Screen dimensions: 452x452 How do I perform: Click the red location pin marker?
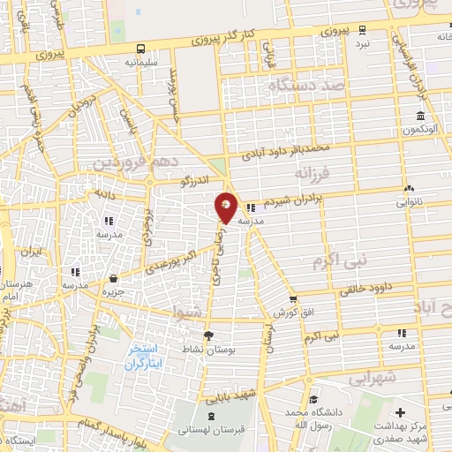click(226, 208)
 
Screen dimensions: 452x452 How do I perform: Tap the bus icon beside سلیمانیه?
click(141, 49)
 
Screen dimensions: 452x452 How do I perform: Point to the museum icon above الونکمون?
click(421, 117)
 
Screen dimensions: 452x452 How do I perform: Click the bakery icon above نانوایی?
click(409, 188)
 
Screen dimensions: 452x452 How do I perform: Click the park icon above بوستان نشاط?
click(208, 335)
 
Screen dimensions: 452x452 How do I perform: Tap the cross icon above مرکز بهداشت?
click(401, 412)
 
